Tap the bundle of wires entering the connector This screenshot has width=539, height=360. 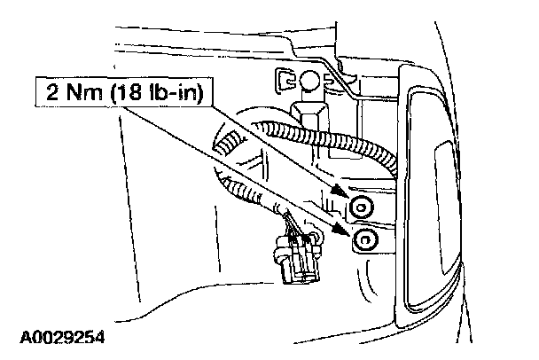click(x=292, y=226)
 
